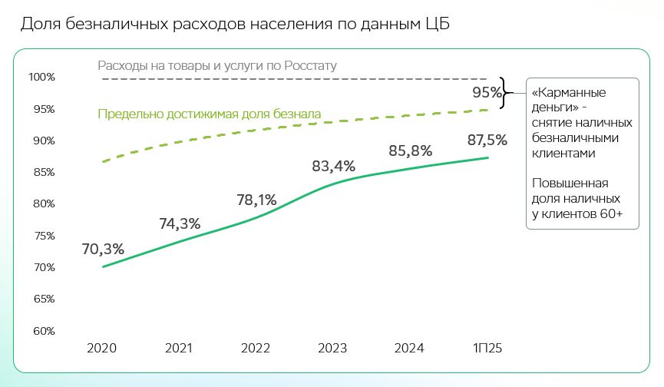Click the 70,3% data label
pyautogui.click(x=103, y=249)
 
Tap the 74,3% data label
pyautogui.click(x=180, y=223)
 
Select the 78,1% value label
pyautogui.click(x=256, y=200)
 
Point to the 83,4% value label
pyautogui.click(x=333, y=165)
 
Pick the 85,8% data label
pyautogui.click(x=410, y=150)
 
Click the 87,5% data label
pyautogui.click(x=487, y=140)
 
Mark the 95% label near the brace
pyautogui.click(x=487, y=93)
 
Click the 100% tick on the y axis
pyautogui.click(x=41, y=77)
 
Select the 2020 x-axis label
pyautogui.click(x=102, y=348)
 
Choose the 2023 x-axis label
pyautogui.click(x=332, y=348)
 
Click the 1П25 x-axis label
pyautogui.click(x=487, y=348)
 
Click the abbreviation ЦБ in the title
pyautogui.click(x=435, y=24)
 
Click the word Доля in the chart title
pyautogui.click(x=38, y=24)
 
